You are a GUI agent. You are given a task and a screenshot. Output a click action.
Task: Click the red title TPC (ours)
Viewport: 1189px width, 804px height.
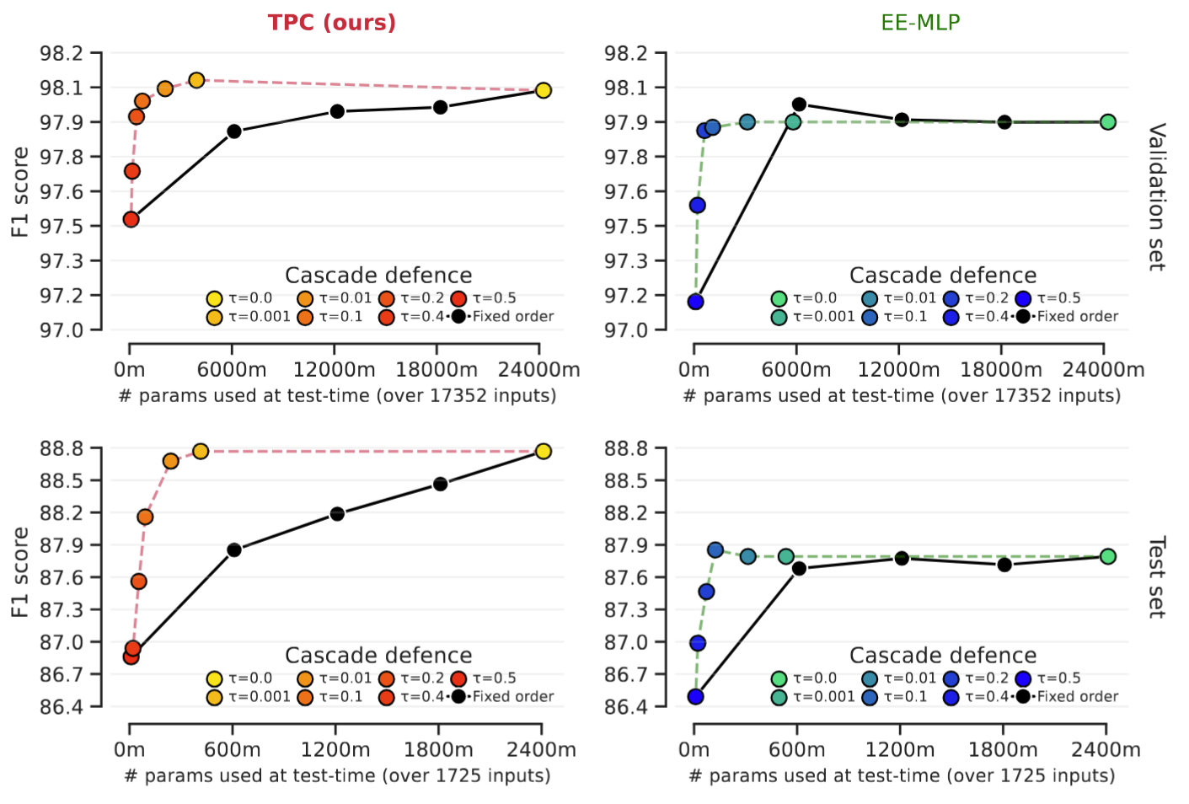click(x=331, y=22)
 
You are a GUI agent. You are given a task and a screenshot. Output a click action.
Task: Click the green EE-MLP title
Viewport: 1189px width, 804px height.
click(x=920, y=22)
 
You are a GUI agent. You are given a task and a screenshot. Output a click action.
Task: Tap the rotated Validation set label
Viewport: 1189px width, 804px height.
click(x=1157, y=196)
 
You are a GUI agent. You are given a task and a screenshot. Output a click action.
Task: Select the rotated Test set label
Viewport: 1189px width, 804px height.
click(x=1157, y=576)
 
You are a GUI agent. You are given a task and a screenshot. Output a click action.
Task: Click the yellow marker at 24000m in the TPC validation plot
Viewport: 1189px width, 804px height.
click(x=543, y=90)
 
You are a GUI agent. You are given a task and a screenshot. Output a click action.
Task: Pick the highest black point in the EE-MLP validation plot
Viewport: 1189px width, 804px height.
click(x=799, y=105)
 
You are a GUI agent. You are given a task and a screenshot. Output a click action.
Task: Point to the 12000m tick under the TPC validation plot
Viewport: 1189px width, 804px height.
click(x=335, y=370)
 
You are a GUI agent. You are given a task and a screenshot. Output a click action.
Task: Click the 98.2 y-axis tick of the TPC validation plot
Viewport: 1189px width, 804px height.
click(x=62, y=54)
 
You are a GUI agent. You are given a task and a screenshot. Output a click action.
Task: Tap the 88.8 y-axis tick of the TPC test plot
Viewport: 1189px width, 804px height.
click(x=62, y=448)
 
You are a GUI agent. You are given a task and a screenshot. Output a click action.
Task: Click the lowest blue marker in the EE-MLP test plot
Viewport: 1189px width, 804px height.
click(x=695, y=696)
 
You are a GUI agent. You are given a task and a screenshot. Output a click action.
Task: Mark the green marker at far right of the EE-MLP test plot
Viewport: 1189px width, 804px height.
click(x=1107, y=556)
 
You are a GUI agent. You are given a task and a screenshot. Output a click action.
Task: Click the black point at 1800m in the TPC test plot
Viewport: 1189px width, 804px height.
click(x=440, y=484)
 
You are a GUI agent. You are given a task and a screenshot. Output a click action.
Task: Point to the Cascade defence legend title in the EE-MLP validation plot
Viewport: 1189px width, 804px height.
click(x=943, y=276)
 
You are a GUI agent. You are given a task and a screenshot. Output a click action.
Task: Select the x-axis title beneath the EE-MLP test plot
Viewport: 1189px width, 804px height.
click(x=902, y=775)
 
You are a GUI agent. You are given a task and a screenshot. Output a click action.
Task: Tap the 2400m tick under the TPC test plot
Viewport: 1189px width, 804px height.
click(x=542, y=750)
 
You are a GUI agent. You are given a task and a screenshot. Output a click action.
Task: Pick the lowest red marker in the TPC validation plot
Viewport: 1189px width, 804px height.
click(x=131, y=219)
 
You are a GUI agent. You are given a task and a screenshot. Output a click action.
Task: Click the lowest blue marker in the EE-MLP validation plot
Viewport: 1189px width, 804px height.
click(x=695, y=302)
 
